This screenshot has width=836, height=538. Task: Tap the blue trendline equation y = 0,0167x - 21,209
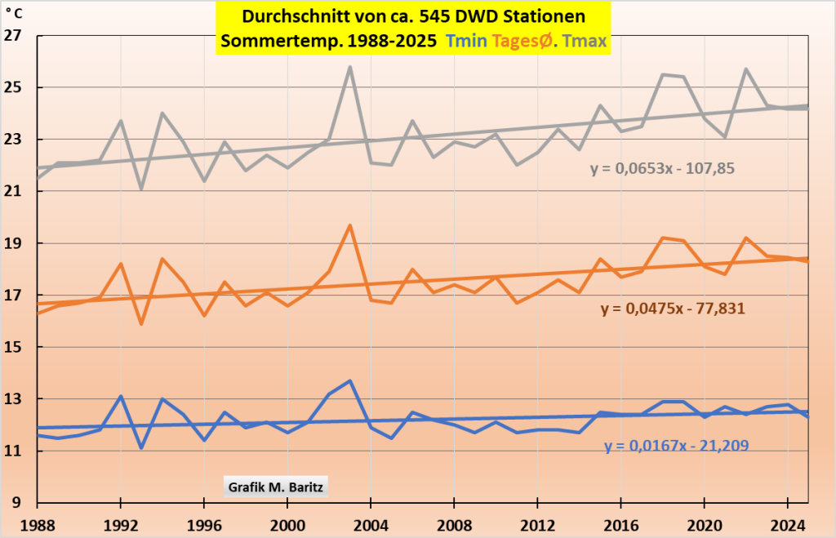[677, 446]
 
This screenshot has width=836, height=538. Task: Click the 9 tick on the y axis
[16, 503]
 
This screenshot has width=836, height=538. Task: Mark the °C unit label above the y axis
[13, 13]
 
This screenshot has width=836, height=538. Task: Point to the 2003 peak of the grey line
[350, 67]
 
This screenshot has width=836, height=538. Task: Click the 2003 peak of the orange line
[350, 225]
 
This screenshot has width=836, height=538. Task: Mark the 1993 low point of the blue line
[141, 447]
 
